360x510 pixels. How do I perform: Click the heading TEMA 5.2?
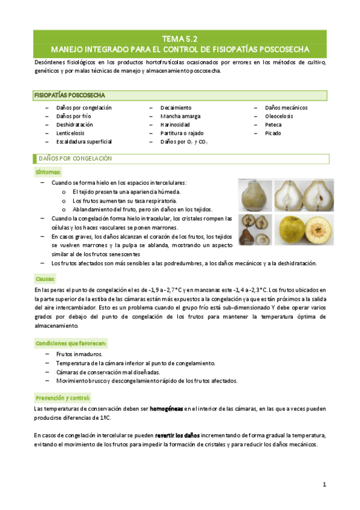pos(180,37)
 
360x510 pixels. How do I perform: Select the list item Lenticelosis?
pos(73,133)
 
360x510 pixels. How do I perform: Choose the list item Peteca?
pos(273,124)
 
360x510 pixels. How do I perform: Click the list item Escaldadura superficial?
pos(84,141)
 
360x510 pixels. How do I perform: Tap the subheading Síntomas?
pos(47,172)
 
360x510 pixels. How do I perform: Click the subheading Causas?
pos(46,279)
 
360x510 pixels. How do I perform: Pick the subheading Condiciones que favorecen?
pos(71,343)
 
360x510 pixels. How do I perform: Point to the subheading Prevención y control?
pos(63,398)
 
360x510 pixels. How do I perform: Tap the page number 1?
pos(324,484)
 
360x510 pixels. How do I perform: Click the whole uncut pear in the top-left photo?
pos(254,195)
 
